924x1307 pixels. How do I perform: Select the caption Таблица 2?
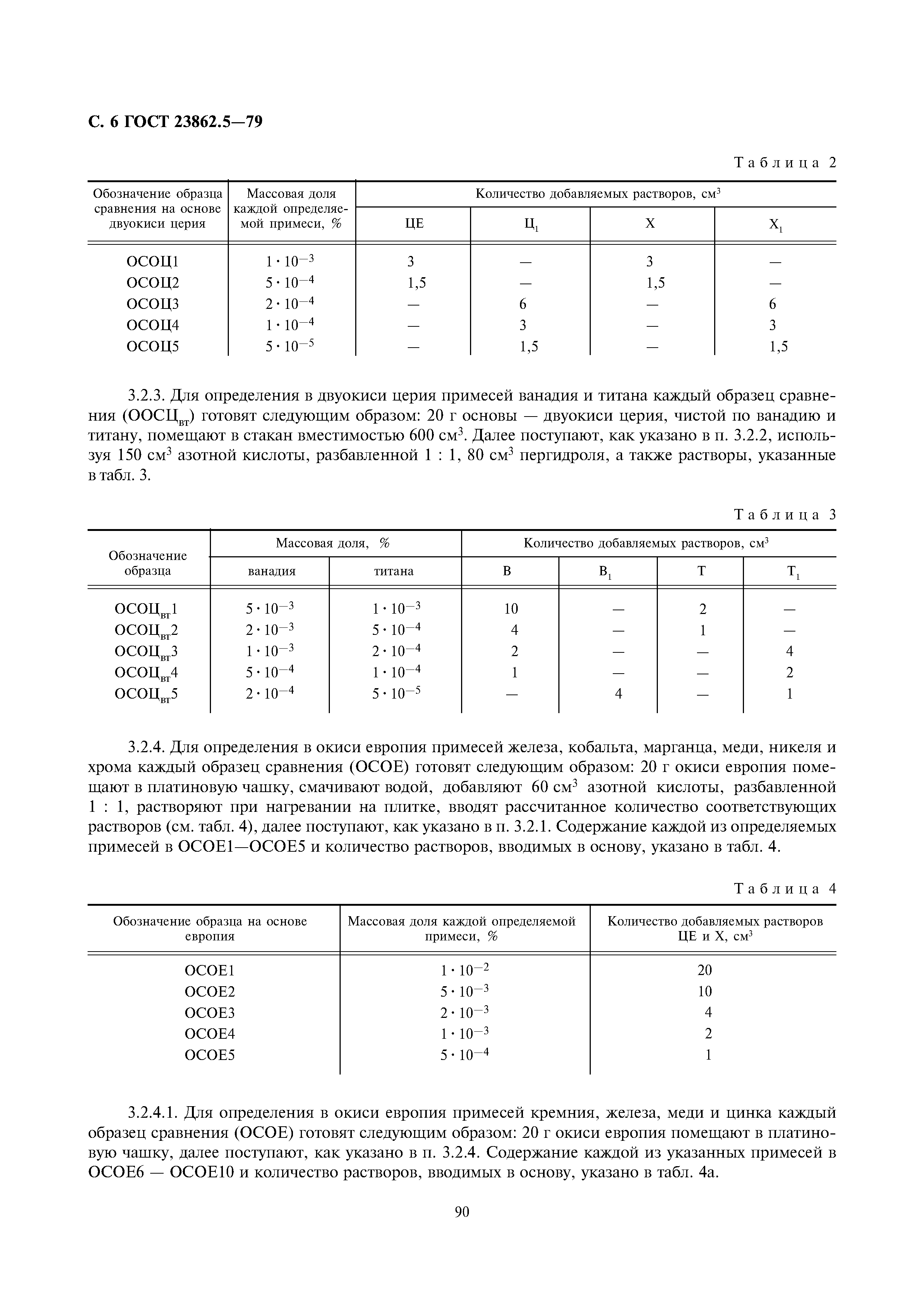click(785, 163)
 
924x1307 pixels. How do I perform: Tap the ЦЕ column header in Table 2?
click(414, 224)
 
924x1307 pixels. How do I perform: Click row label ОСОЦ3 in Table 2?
click(152, 304)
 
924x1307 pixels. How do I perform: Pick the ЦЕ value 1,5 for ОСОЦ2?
click(417, 283)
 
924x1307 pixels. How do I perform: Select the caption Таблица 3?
click(785, 515)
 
